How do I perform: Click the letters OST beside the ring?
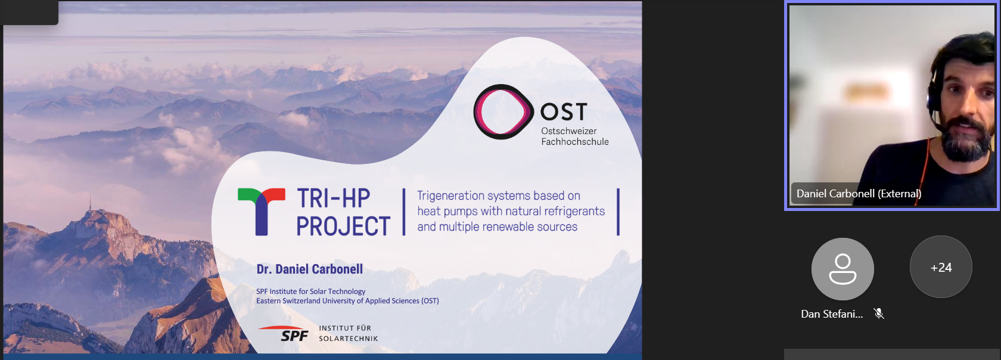[x=564, y=112]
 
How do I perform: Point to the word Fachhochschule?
[x=574, y=142]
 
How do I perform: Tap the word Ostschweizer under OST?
[x=569, y=131]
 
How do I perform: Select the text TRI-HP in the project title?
[x=334, y=198]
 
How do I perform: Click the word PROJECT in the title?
[x=343, y=226]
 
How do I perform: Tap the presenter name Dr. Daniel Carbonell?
[x=310, y=269]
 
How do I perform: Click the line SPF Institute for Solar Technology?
[x=310, y=291]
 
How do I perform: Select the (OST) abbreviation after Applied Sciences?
[x=430, y=301]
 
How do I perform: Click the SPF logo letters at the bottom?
[x=294, y=336]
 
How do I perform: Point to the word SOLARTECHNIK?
[x=348, y=339]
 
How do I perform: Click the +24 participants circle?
[x=941, y=267]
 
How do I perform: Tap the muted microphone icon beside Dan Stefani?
[x=878, y=314]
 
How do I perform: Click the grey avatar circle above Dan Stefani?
[x=843, y=269]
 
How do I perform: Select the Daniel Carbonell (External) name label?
[x=859, y=194]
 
